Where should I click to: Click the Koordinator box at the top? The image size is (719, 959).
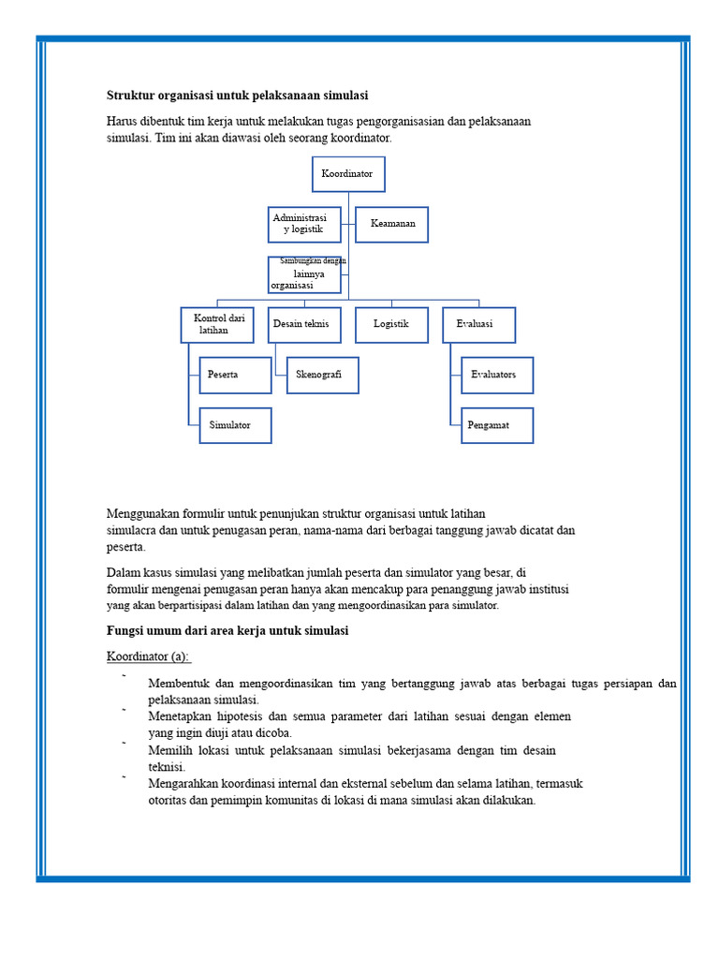click(x=347, y=174)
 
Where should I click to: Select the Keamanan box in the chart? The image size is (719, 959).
click(x=391, y=224)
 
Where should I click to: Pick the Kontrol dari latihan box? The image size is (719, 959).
click(x=217, y=324)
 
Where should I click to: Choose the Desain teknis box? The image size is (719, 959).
click(x=304, y=324)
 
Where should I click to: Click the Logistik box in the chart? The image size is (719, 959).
click(x=391, y=324)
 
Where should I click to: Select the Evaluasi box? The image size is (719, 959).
click(x=478, y=324)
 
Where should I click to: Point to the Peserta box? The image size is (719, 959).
click(x=235, y=375)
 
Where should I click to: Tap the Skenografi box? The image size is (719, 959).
click(x=322, y=375)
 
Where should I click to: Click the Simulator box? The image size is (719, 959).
click(x=235, y=425)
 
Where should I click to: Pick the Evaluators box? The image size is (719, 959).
click(x=496, y=375)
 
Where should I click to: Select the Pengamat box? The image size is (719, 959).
click(x=496, y=425)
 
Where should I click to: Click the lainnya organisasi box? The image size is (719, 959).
click(x=304, y=274)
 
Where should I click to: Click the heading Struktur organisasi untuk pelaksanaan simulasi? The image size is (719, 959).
click(x=237, y=96)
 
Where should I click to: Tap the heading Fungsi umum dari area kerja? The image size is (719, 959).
click(x=227, y=631)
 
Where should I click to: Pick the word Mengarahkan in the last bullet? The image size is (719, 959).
click(x=186, y=784)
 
